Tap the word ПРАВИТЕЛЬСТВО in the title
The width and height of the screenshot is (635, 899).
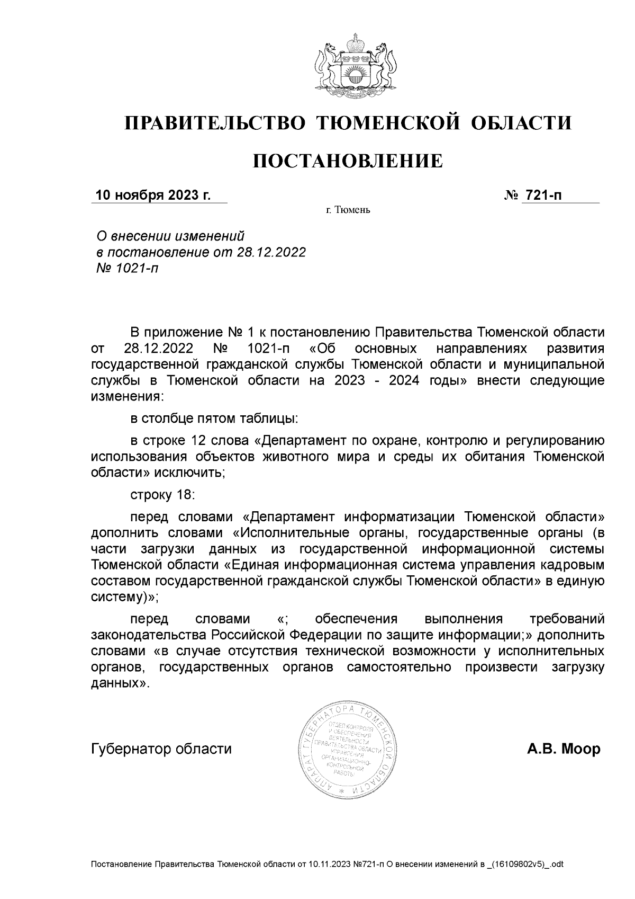pyautogui.click(x=215, y=123)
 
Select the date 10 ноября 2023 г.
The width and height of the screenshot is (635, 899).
pyautogui.click(x=153, y=195)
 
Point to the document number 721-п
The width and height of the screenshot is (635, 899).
pyautogui.click(x=542, y=195)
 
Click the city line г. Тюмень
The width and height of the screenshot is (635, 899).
pyautogui.click(x=348, y=210)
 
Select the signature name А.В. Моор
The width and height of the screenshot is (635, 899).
pyautogui.click(x=564, y=749)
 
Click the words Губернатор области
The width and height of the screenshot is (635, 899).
pyautogui.click(x=161, y=749)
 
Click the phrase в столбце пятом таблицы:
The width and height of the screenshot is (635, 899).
pyautogui.click(x=214, y=419)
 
